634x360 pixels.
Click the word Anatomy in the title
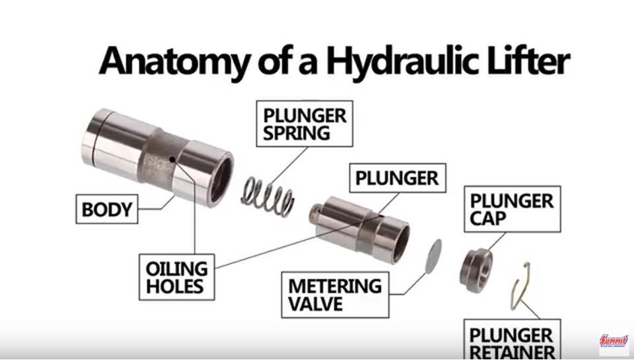tap(174, 61)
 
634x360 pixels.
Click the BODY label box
tap(107, 209)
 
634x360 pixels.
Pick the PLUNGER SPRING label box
tap(304, 124)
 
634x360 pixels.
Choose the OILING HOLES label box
tap(177, 277)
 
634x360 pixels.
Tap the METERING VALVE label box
tap(335, 295)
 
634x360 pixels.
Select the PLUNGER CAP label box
tap(512, 209)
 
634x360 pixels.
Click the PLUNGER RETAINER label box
tap(512, 339)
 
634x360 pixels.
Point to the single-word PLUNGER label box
tap(398, 178)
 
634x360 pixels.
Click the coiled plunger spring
tap(267, 196)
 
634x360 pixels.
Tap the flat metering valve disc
tap(433, 256)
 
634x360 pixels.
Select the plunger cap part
tap(476, 270)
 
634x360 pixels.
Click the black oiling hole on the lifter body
tap(172, 159)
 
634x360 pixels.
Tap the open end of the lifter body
tap(221, 180)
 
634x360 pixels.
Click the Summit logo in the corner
tap(614, 341)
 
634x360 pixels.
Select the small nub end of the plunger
tap(316, 213)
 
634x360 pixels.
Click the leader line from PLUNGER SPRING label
tap(289, 166)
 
